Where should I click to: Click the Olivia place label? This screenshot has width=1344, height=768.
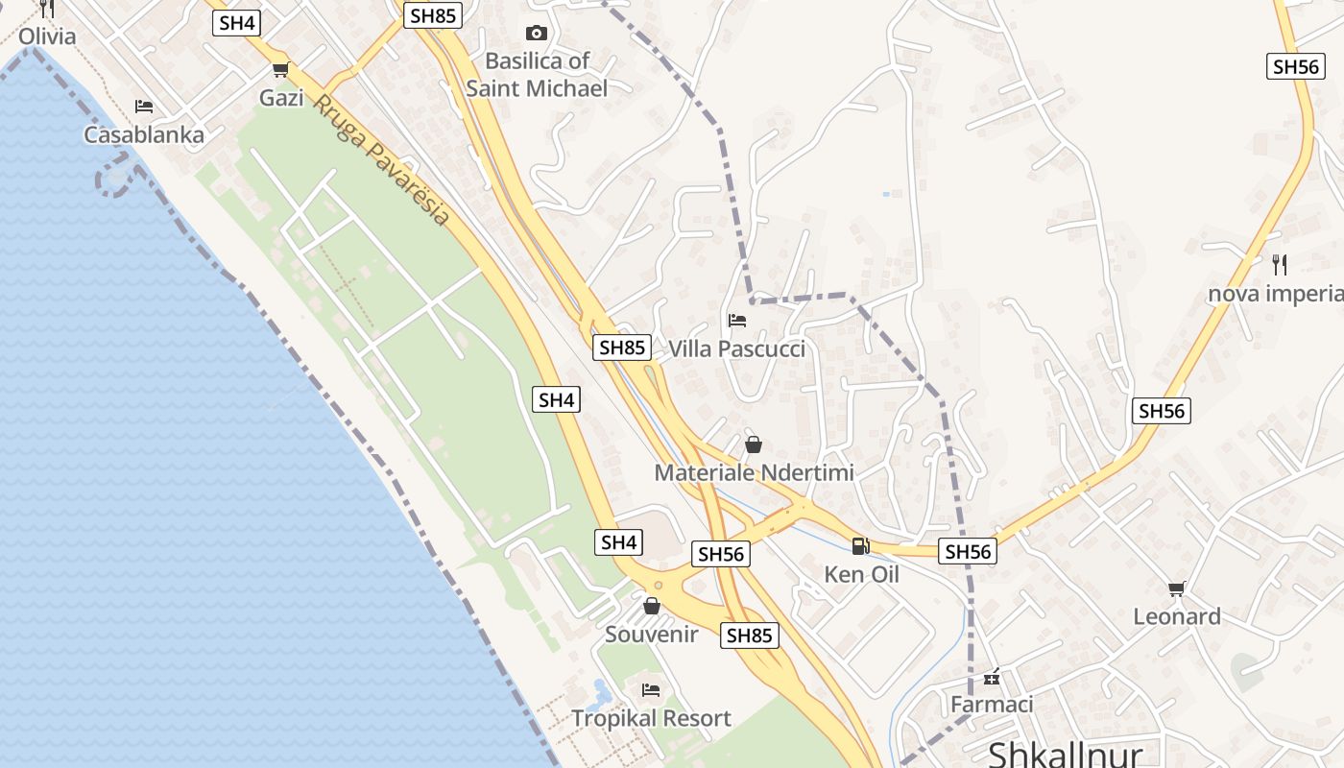pos(47,36)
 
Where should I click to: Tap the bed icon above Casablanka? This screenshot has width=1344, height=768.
pos(144,106)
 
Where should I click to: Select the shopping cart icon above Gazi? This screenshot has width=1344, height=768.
pos(280,69)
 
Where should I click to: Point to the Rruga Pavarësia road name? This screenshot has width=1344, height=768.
pos(382,160)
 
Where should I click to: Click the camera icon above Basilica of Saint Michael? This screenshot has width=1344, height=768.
pos(537,34)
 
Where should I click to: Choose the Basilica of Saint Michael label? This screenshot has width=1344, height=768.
pos(537,75)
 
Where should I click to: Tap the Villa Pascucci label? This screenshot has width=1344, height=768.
pos(736,348)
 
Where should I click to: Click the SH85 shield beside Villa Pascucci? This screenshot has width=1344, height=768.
pos(622,348)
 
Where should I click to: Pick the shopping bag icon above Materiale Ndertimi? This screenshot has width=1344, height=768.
pos(754,444)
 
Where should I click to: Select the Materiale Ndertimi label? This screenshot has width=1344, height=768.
pos(754,472)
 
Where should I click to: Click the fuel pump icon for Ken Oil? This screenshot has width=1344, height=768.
pos(860,546)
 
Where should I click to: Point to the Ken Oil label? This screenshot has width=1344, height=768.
pos(861,574)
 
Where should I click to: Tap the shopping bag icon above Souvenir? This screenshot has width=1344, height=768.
pos(652,606)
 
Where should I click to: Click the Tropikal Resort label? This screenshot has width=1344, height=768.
pos(651,718)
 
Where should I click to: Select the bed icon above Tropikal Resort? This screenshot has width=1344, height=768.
pos(651,689)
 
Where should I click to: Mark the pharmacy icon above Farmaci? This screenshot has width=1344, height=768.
pos(992,678)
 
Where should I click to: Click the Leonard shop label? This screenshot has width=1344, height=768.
pos(1177,616)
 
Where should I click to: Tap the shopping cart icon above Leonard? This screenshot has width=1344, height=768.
pos(1177,588)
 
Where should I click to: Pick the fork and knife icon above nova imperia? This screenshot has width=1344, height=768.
pos(1279,264)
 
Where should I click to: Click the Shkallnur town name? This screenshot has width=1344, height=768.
pos(1066,755)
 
